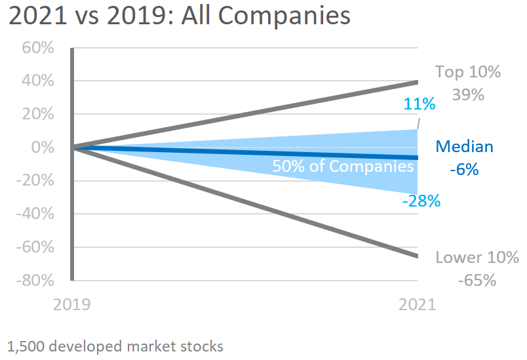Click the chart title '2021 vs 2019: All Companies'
[179, 16]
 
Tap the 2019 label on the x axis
[72, 305]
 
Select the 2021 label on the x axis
[417, 305]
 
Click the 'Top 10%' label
[468, 72]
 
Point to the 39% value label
[468, 94]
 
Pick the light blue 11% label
[420, 104]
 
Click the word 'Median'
[464, 146]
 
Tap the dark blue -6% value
[464, 169]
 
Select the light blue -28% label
[421, 201]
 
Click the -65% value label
[477, 280]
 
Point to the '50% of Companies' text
[343, 167]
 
